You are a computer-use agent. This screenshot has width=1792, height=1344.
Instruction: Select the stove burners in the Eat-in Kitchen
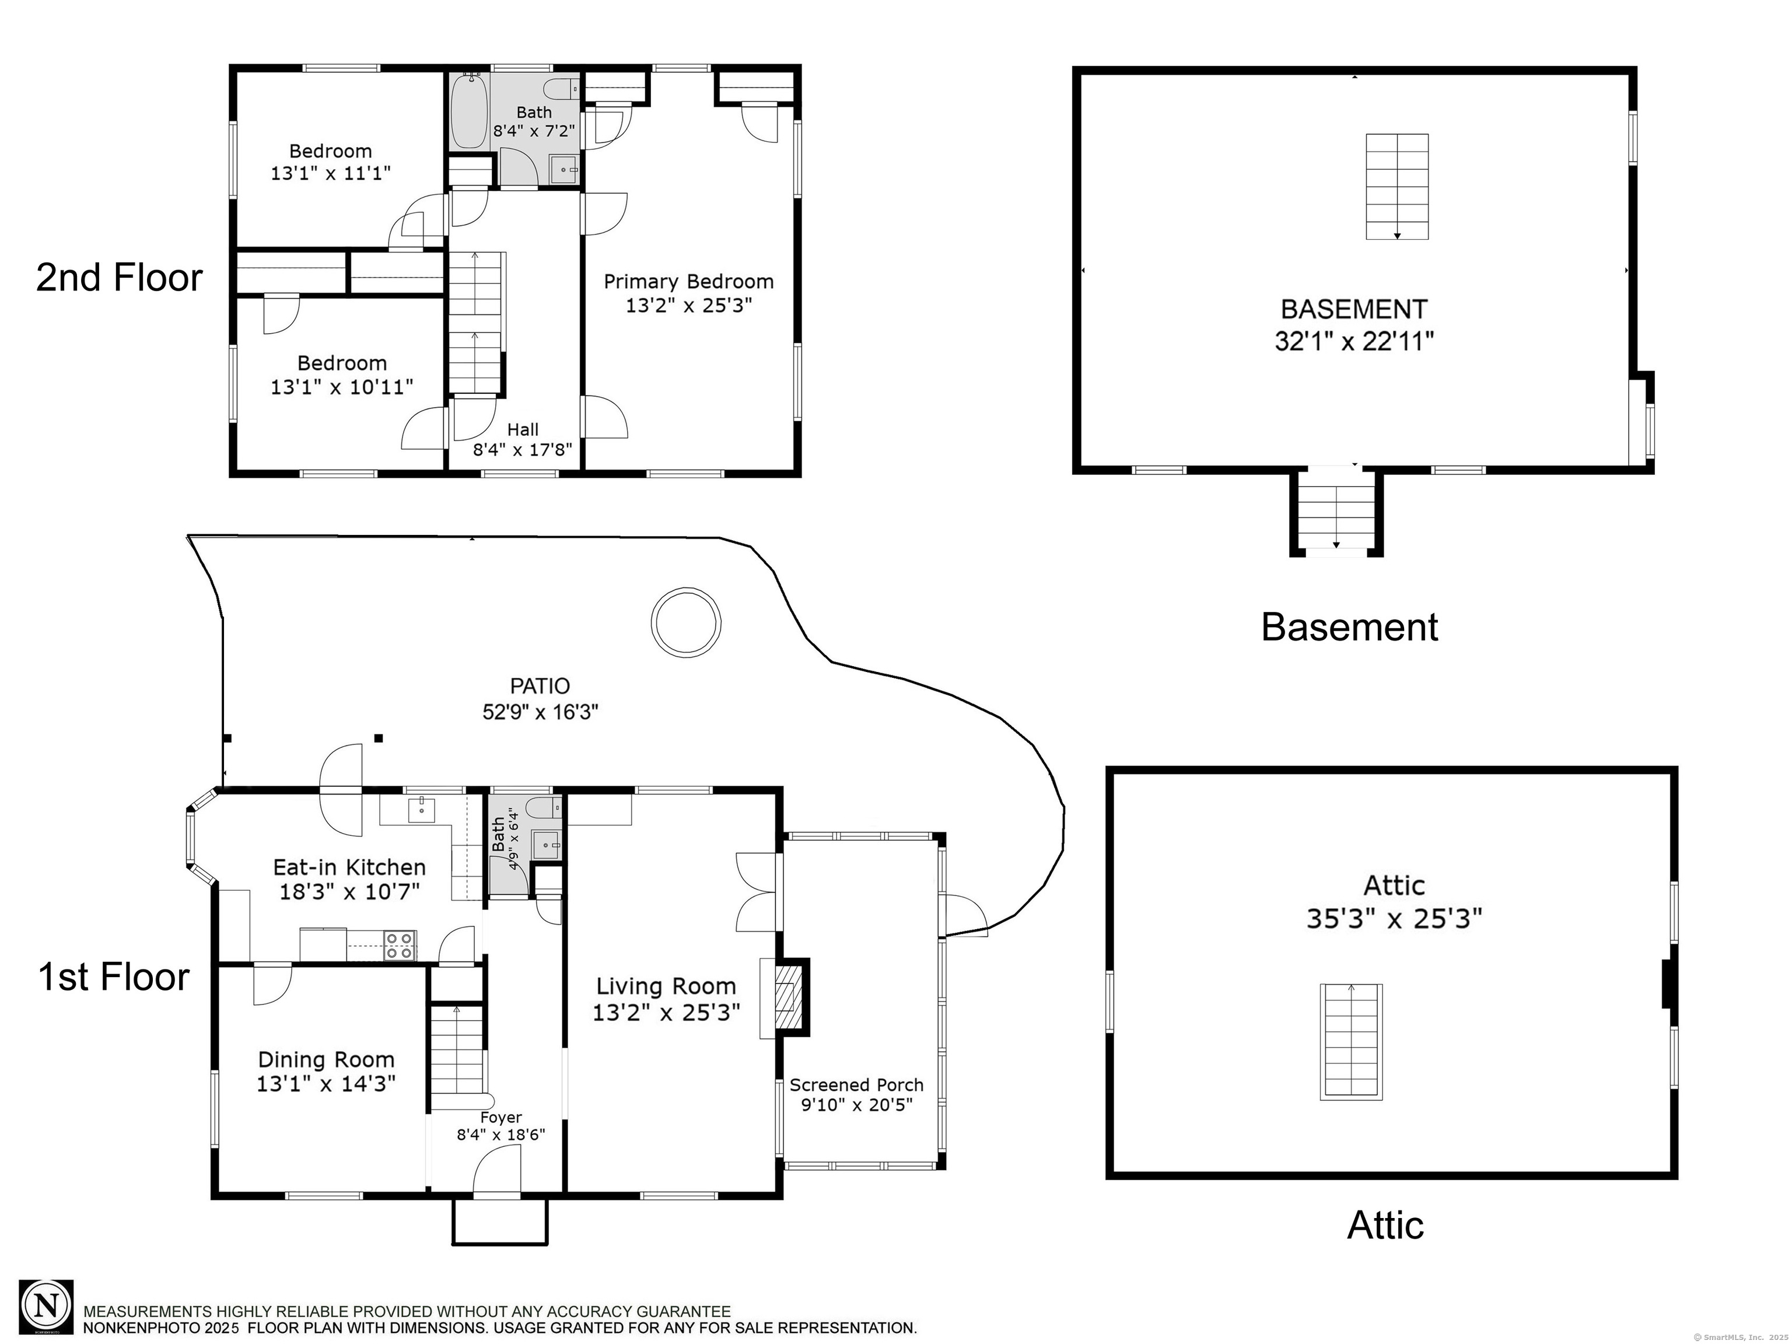click(x=400, y=946)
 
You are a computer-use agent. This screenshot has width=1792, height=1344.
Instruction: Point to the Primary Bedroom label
click(x=688, y=281)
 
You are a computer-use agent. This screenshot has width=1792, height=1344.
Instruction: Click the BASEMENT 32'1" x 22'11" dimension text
click(x=1354, y=341)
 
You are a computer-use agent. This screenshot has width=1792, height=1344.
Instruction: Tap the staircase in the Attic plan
click(x=1351, y=1042)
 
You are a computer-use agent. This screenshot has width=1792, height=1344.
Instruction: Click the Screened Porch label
click(x=856, y=1085)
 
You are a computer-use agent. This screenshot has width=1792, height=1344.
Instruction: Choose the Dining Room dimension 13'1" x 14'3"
click(x=325, y=1084)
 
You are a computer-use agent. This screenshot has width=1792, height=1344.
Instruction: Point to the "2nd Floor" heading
click(x=119, y=278)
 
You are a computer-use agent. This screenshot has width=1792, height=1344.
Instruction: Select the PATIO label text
click(x=540, y=686)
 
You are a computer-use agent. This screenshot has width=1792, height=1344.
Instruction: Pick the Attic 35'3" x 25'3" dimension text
click(x=1394, y=919)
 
